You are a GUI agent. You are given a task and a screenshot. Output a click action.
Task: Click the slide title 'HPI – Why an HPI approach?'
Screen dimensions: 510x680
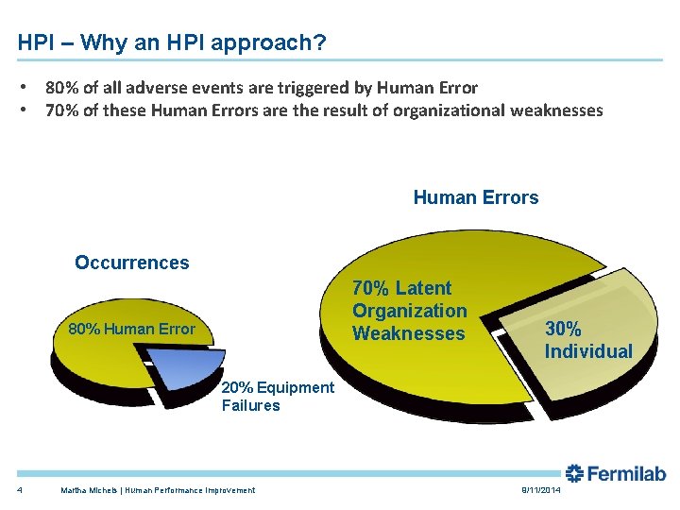coord(172,43)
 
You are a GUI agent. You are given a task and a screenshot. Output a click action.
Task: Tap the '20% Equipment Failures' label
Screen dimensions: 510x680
coord(277,397)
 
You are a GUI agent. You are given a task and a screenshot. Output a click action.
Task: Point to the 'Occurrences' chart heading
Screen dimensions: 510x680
coord(131,263)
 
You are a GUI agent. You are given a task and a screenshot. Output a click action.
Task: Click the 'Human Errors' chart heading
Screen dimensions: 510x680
coord(475,197)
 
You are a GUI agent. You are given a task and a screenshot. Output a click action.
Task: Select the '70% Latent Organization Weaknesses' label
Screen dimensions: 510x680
coord(409,311)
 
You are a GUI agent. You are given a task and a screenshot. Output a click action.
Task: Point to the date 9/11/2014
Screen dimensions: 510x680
coord(539,490)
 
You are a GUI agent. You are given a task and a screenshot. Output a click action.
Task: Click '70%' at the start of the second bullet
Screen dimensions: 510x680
coord(62,110)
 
